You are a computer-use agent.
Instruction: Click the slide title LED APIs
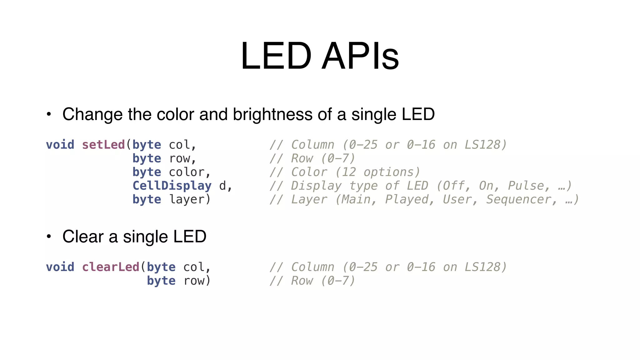(320, 56)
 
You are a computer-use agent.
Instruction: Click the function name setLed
(103, 145)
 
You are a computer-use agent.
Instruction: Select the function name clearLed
(110, 267)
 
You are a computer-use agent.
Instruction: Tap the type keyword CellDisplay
(172, 186)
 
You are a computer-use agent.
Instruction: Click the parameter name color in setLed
(187, 172)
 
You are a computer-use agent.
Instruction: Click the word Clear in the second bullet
(83, 237)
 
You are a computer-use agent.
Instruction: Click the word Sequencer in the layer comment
(518, 199)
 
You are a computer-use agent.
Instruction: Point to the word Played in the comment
(406, 199)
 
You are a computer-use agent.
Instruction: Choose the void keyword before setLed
(60, 145)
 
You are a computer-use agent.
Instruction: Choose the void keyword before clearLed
(60, 267)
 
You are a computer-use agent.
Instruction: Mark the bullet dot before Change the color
(48, 114)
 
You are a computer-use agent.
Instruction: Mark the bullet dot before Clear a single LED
(48, 237)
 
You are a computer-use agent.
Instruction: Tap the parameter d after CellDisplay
(222, 186)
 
